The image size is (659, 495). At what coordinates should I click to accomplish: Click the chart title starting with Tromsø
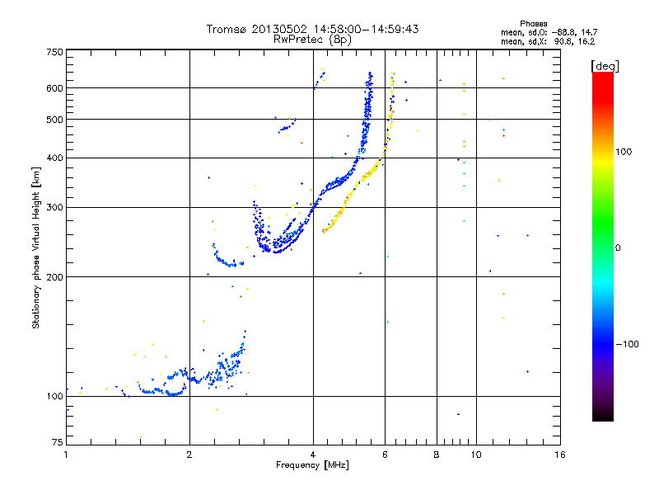(312, 29)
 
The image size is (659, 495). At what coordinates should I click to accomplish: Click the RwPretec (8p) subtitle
(312, 39)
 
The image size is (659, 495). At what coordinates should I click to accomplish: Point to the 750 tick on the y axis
(54, 52)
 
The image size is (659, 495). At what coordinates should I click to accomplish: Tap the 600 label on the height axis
(54, 88)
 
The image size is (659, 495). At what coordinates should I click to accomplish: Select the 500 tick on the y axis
(54, 120)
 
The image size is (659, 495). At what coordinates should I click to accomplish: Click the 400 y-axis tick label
(54, 158)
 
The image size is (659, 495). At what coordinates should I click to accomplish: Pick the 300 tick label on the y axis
(54, 208)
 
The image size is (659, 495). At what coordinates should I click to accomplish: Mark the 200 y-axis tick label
(54, 277)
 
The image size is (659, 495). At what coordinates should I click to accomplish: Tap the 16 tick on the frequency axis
(559, 455)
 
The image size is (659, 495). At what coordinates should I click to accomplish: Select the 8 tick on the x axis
(437, 455)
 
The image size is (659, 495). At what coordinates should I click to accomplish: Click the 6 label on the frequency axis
(386, 455)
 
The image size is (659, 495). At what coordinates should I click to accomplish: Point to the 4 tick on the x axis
(313, 455)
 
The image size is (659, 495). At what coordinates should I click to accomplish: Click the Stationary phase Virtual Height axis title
(36, 248)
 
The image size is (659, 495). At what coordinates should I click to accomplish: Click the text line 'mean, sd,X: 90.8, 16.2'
(548, 40)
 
